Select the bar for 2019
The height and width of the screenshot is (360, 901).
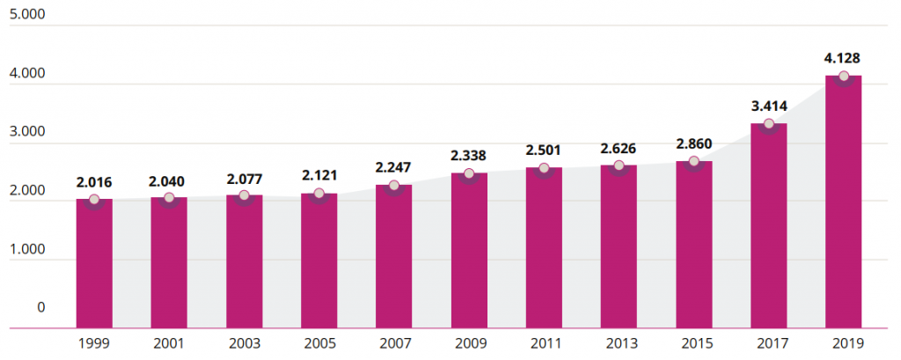coord(843,202)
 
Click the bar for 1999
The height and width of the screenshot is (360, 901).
coord(94,264)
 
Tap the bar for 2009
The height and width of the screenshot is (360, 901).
coord(469,251)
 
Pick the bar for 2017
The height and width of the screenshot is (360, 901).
coord(768,225)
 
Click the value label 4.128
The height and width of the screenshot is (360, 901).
coord(842,58)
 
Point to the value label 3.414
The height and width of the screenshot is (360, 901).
coord(768,107)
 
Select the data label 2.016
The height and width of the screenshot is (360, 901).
coord(94,182)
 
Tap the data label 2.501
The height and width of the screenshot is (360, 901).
coord(544,151)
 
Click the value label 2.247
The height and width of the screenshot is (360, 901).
coord(394,167)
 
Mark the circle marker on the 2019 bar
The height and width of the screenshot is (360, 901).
coord(844,77)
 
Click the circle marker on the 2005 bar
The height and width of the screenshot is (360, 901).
coord(319,194)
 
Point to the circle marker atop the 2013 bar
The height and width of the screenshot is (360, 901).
coord(619,166)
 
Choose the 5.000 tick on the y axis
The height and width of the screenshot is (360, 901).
coord(26,17)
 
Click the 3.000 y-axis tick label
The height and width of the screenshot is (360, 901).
coord(26,133)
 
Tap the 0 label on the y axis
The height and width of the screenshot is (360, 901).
coord(40,307)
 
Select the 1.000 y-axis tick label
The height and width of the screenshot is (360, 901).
coord(26,250)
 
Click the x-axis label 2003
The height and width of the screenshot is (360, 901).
coord(244,342)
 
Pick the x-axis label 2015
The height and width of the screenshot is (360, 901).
coord(693,342)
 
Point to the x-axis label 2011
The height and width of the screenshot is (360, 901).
coord(544,342)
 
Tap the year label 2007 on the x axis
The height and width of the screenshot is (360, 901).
coord(394,342)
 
